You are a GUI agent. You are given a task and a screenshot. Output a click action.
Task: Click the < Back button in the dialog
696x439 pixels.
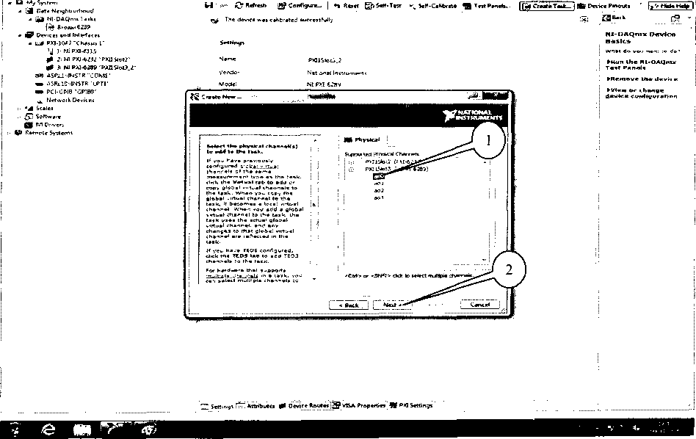pos(349,305)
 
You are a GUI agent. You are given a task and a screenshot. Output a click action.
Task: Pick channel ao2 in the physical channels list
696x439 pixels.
pos(379,190)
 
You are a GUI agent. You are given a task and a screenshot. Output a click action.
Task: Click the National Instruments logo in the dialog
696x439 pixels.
pos(474,116)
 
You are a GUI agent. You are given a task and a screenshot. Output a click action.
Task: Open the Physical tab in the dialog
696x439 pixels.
pos(364,139)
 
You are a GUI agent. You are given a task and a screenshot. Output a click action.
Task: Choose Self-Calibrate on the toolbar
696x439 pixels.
pos(437,5)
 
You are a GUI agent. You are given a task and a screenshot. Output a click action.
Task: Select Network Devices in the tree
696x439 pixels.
pos(70,100)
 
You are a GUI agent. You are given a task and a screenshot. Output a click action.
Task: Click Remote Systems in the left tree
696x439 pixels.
pos(48,133)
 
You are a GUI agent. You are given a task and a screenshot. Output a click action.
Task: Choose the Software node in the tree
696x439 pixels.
pos(48,116)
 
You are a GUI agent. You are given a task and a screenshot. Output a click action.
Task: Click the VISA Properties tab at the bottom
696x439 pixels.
pos(363,405)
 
